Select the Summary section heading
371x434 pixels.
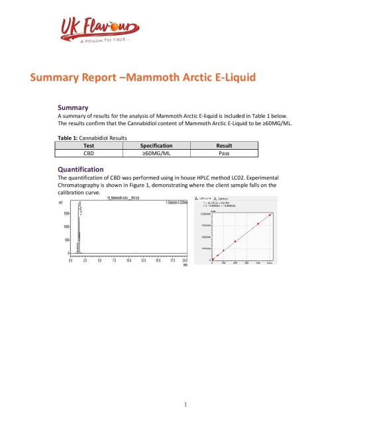[x=74, y=107]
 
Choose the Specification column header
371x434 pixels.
[x=157, y=145]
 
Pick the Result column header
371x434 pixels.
[x=224, y=145]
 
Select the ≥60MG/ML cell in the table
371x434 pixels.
[x=157, y=152]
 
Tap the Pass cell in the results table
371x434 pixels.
[x=224, y=152]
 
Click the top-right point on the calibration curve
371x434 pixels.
[x=270, y=215]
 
